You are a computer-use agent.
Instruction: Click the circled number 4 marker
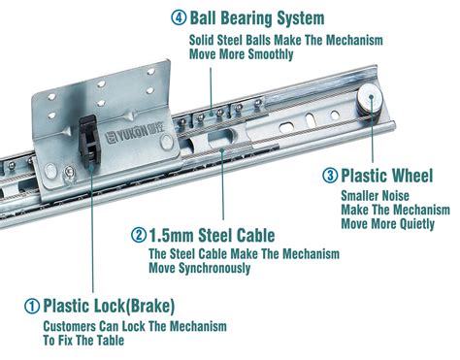point(179,17)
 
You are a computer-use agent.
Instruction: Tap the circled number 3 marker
point(330,176)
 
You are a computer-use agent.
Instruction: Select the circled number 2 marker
point(139,235)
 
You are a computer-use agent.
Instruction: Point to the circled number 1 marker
point(32,306)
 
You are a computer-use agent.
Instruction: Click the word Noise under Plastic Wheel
point(395,196)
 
